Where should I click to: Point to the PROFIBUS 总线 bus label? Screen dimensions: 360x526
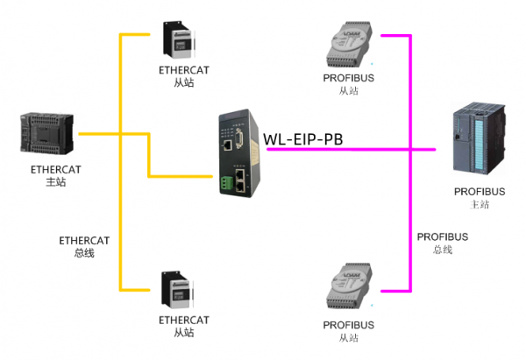pyautogui.click(x=442, y=244)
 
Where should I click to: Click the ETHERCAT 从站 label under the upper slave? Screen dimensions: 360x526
pyautogui.click(x=184, y=76)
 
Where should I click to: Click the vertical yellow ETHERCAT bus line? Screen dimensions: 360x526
pyautogui.click(x=119, y=219)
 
